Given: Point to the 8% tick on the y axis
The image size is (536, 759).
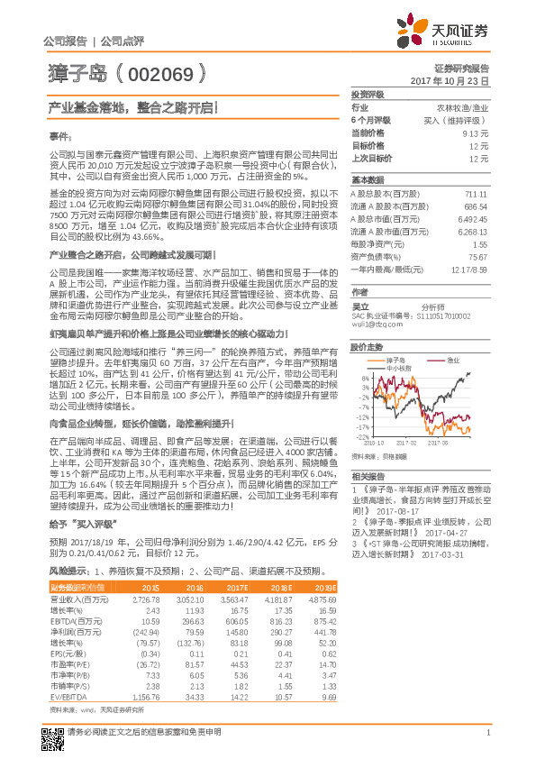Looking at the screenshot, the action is [362, 378].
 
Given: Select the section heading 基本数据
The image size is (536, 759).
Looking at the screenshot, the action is [367, 179].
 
